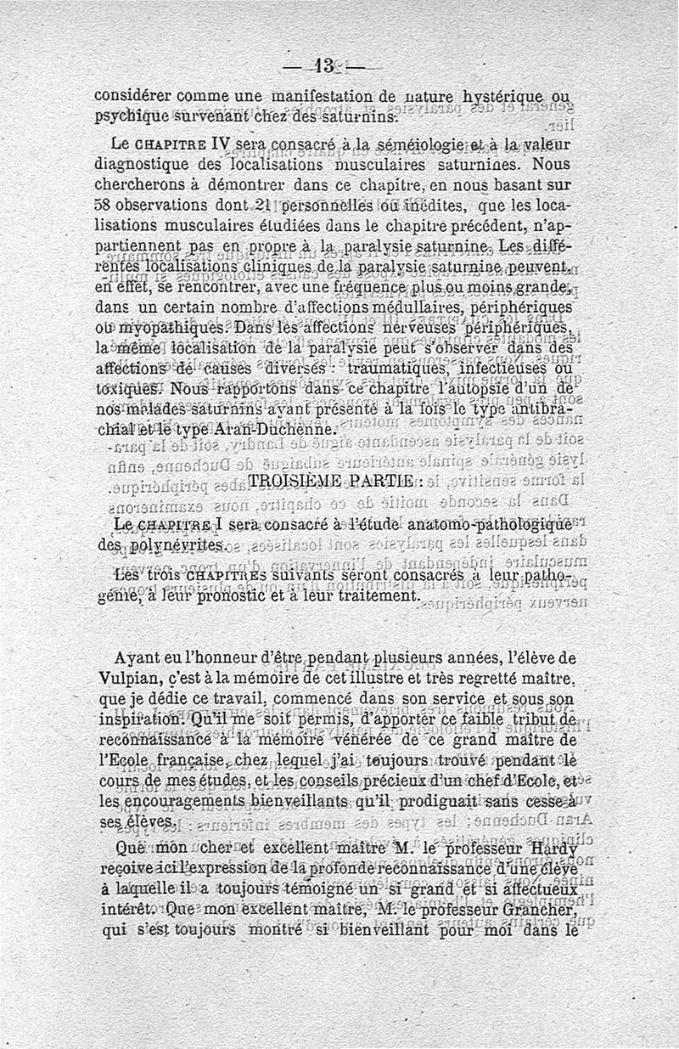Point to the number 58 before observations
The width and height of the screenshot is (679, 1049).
pyautogui.click(x=104, y=206)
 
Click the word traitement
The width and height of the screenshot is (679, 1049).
pyautogui.click(x=375, y=597)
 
